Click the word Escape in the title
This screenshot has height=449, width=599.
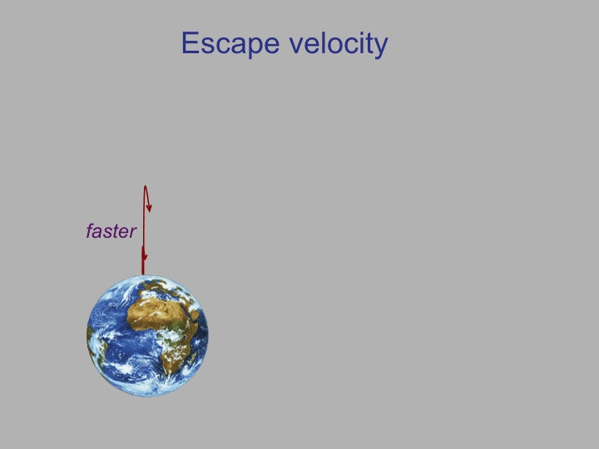[230, 44]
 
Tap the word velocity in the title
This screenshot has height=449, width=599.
[339, 44]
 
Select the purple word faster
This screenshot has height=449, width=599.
[111, 231]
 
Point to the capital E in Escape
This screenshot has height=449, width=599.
[190, 42]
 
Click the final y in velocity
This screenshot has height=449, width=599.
[381, 48]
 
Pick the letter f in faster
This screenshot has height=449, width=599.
[90, 231]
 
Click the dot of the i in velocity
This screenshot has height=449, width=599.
[349, 32]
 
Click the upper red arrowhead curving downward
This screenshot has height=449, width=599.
[149, 208]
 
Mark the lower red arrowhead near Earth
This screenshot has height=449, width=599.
[144, 254]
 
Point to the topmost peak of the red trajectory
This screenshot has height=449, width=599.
[145, 186]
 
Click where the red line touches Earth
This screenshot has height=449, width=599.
[143, 274]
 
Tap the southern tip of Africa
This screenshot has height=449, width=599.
[168, 373]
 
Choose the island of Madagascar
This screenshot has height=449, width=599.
[193, 358]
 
